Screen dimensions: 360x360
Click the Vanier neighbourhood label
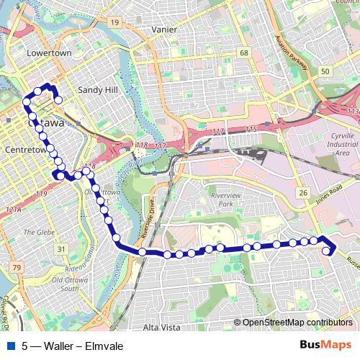(164, 30)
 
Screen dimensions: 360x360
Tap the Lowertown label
(46, 53)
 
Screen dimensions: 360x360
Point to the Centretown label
(25, 150)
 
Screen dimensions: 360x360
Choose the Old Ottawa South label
(70, 284)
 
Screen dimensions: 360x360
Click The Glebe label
(35, 232)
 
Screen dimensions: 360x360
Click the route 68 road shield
(244, 53)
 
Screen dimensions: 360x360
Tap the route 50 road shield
(325, 71)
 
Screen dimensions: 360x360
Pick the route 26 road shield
(303, 193)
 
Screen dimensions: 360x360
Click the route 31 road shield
(62, 249)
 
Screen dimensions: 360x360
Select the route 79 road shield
(16, 268)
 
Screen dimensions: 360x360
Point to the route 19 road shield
(114, 23)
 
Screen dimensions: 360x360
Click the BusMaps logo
(325, 345)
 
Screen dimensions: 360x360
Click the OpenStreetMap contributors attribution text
(296, 323)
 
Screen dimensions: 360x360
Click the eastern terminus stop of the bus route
(328, 251)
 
